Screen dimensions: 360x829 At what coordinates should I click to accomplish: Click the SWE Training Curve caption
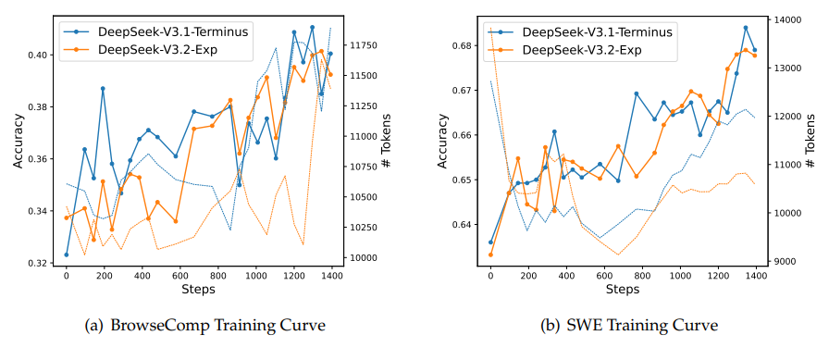tap(634, 326)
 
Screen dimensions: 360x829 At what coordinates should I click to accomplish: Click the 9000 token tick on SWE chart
tap(786, 262)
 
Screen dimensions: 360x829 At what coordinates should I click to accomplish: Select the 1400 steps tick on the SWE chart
tap(756, 276)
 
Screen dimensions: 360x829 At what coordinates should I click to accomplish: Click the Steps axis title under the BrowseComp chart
tap(198, 290)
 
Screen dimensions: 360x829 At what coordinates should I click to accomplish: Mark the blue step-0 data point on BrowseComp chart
tap(66, 254)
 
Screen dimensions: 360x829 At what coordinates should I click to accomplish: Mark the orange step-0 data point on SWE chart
tap(490, 254)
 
